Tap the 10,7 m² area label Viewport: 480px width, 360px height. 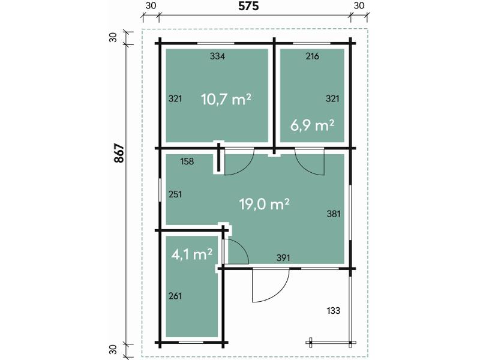(226, 100)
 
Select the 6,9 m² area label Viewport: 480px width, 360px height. (312, 125)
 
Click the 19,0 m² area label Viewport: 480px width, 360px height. (265, 204)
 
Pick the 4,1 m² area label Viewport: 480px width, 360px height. (192, 254)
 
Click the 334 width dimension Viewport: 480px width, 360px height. (217, 56)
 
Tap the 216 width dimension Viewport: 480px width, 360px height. (312, 56)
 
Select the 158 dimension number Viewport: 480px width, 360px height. (187, 161)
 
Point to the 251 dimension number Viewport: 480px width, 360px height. (175, 194)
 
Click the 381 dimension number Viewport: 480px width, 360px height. (333, 213)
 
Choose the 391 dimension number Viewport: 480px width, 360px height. (283, 258)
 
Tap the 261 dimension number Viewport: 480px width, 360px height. (175, 296)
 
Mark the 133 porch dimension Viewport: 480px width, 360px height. (334, 310)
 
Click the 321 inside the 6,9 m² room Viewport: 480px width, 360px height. (332, 98)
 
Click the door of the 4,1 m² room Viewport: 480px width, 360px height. (236, 251)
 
